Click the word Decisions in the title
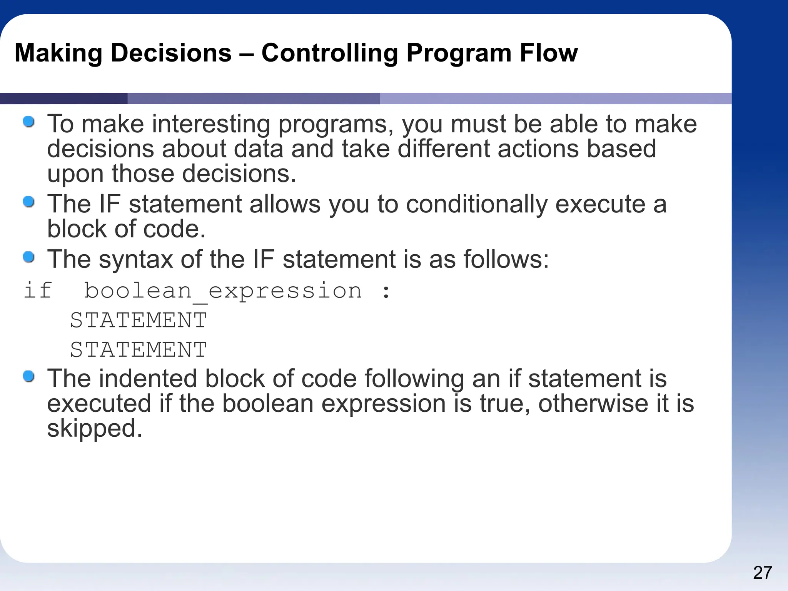[x=171, y=53]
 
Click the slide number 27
[x=763, y=573]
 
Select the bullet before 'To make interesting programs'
[x=29, y=122]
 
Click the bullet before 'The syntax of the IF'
[x=29, y=257]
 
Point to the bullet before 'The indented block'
[x=29, y=376]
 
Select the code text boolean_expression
[x=223, y=291]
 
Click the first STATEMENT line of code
[x=139, y=320]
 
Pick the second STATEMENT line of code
[x=139, y=350]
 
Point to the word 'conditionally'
[x=476, y=204]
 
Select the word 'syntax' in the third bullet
[x=136, y=260]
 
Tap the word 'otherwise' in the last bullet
[x=591, y=404]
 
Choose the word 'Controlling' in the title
[x=329, y=53]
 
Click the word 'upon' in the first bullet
[x=75, y=174]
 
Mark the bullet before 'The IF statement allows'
[x=29, y=202]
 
